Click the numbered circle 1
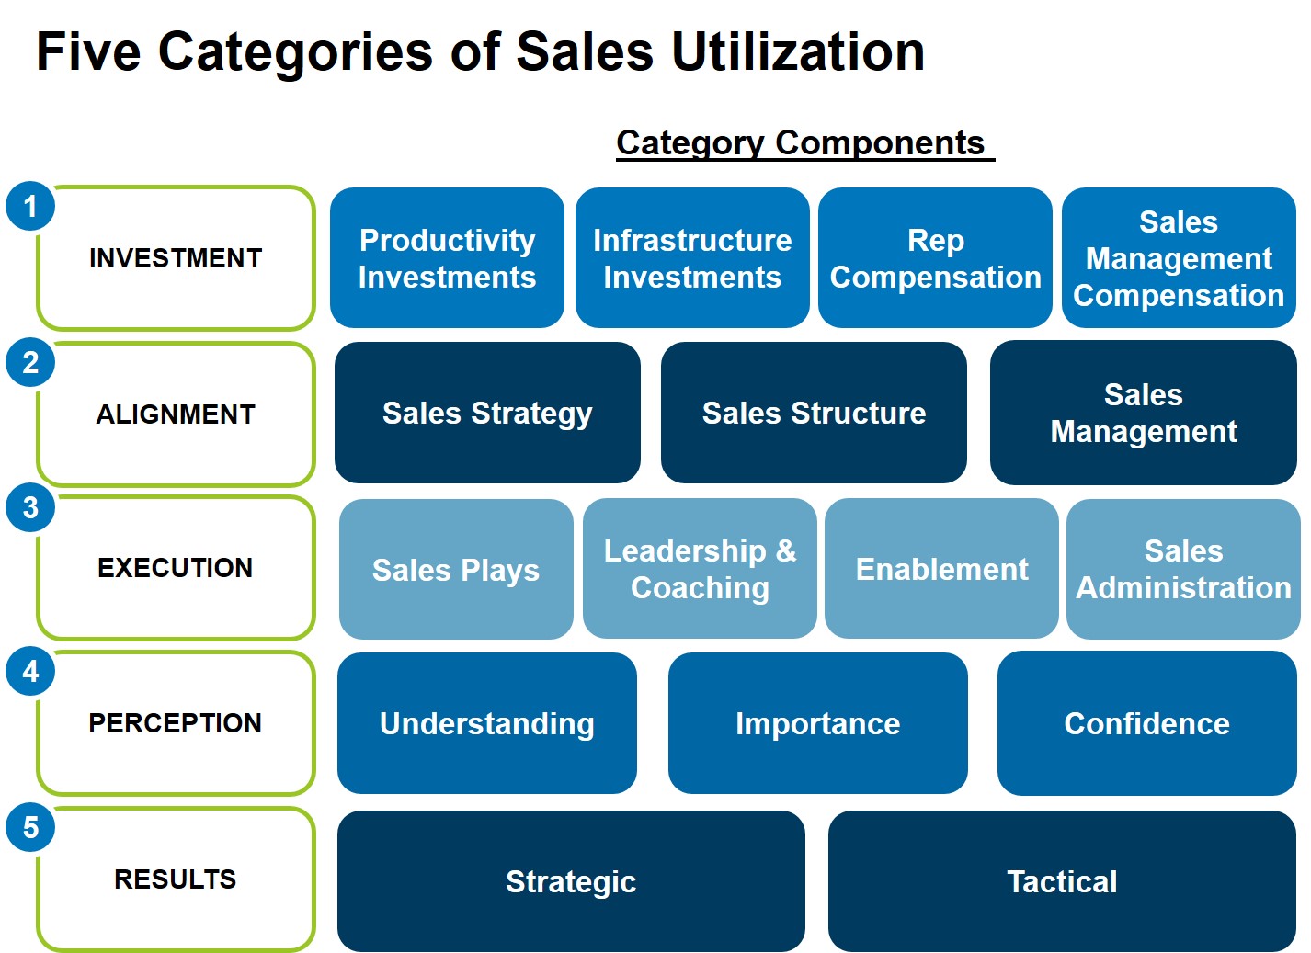coord(30,206)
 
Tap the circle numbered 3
coord(30,507)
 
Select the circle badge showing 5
coord(30,827)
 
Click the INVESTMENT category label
coord(176,258)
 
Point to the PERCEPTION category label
coord(176,723)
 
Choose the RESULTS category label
coord(176,879)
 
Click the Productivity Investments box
coord(447,258)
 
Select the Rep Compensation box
coord(935,258)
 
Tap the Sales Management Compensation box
coord(1179,258)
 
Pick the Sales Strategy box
coord(487,413)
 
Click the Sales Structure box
coord(814,413)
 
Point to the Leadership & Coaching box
coord(700,569)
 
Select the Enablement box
coord(941,569)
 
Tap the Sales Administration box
coord(1183,569)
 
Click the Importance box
coord(817,723)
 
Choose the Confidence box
coord(1147,723)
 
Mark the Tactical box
coord(1062,881)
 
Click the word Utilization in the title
coord(798,51)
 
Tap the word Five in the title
coord(88,51)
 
